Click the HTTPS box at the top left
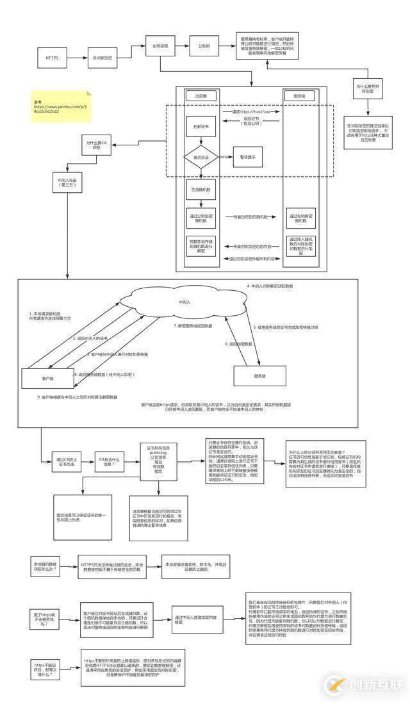click(x=52, y=58)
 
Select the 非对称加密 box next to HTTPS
click(x=102, y=58)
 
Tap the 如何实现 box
click(x=160, y=46)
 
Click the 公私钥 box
click(x=204, y=46)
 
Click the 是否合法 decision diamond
click(x=201, y=156)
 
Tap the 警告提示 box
click(x=247, y=156)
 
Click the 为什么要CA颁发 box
click(x=94, y=145)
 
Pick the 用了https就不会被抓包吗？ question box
click(x=48, y=619)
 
